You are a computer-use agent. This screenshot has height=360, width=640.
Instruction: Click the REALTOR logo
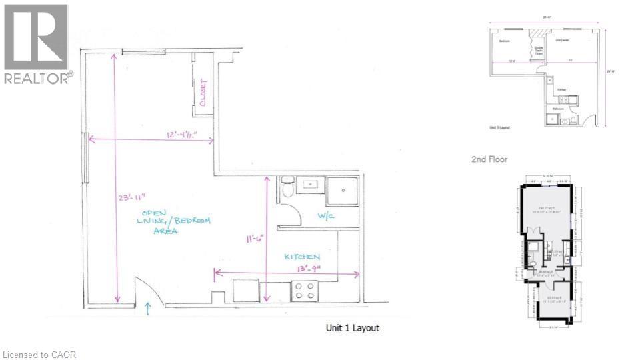click(36, 44)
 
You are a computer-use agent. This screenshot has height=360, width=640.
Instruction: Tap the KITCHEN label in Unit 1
click(302, 257)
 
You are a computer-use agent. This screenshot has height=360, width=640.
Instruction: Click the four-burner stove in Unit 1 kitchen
click(304, 291)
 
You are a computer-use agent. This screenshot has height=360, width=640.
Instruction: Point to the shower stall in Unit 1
click(343, 191)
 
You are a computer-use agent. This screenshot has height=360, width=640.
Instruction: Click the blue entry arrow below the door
click(148, 309)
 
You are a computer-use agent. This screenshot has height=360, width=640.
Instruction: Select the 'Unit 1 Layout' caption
click(352, 328)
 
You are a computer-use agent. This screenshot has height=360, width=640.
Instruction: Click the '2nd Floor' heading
click(489, 159)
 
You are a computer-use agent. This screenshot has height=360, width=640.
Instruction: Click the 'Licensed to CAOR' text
click(39, 354)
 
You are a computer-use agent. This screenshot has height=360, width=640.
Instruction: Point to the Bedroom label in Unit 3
click(505, 41)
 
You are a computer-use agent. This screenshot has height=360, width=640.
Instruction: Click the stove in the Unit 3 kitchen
click(563, 100)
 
